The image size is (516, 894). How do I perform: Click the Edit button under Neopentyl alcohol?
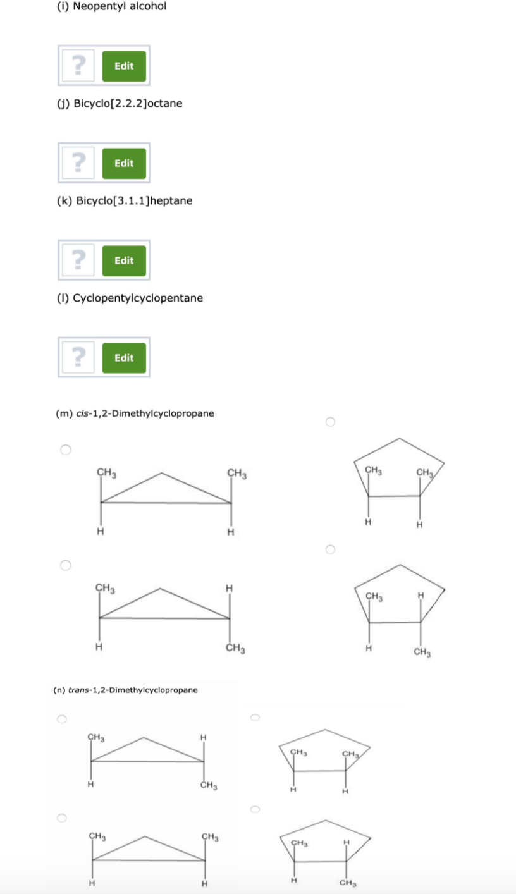(x=124, y=66)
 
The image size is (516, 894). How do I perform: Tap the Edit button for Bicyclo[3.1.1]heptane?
(x=124, y=260)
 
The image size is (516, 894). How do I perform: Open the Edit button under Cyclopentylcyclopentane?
(x=124, y=358)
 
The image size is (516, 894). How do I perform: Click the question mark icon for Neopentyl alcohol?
(x=78, y=66)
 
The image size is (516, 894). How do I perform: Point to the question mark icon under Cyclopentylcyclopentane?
(x=78, y=358)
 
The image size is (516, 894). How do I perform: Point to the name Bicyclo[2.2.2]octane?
(x=120, y=103)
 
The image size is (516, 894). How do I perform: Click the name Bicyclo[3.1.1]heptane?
(x=125, y=200)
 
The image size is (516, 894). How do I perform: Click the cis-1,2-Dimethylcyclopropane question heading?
(x=135, y=413)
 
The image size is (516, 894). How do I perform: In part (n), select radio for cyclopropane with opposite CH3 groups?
(x=61, y=719)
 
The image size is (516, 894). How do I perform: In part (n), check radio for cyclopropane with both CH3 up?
(x=61, y=817)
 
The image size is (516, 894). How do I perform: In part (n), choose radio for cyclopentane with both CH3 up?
(x=254, y=717)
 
